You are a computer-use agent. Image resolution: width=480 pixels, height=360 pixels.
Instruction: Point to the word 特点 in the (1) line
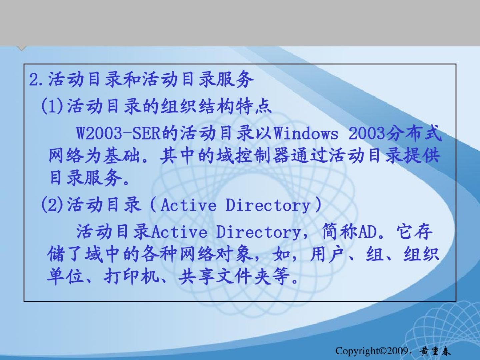[x=254, y=106]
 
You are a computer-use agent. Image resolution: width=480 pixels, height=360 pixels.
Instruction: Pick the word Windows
[x=306, y=134]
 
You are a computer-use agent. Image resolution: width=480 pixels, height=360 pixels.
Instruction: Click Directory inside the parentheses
[x=268, y=205]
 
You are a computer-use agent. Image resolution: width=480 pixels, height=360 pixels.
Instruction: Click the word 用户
[x=328, y=254]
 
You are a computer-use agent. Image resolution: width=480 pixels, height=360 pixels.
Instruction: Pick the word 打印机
[x=131, y=277]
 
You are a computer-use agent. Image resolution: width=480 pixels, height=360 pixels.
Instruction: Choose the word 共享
[x=196, y=277]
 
